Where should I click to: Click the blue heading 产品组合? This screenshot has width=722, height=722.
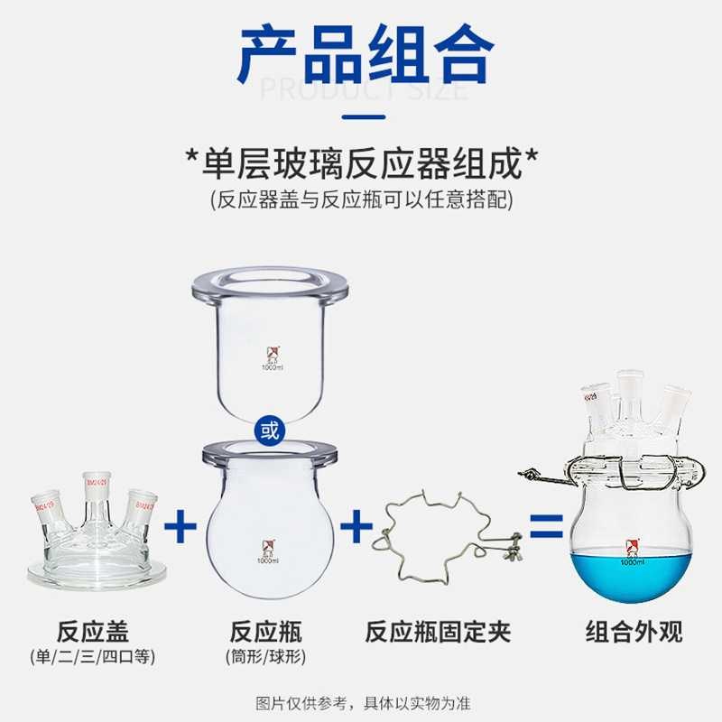(361, 56)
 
